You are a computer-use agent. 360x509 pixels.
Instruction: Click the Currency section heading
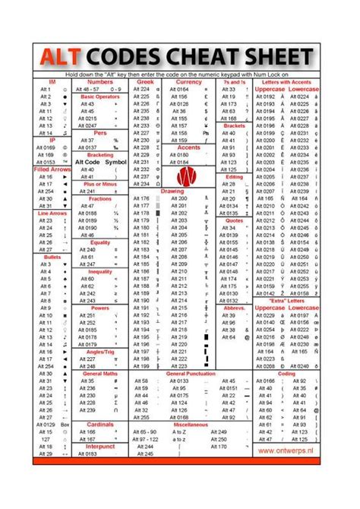[188, 81]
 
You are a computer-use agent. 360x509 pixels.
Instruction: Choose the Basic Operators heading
[99, 96]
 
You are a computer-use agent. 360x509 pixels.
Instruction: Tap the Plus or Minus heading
[99, 184]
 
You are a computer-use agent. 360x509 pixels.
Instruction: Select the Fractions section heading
[99, 198]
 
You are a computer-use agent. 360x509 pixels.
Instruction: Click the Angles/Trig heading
[99, 352]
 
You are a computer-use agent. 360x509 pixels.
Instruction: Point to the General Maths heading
[99, 374]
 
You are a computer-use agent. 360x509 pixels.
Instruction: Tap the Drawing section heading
[172, 191]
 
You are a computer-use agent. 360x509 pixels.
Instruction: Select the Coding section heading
[287, 374]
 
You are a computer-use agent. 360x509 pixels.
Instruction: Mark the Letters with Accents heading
[286, 81]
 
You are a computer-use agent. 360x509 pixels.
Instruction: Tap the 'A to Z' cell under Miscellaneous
[179, 439]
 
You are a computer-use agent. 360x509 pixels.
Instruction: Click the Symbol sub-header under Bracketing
[115, 162]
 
